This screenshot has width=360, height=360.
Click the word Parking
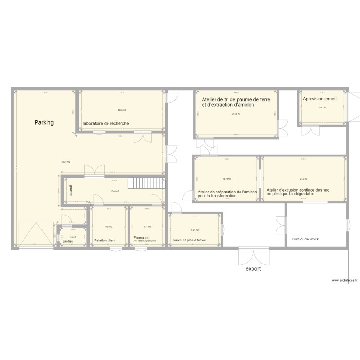coord(44,123)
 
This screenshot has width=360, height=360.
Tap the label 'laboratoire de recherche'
coord(106,123)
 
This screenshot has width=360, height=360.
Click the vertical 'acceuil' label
coord(70,191)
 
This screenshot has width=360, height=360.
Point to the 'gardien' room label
coord(68,241)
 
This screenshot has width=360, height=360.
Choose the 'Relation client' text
coord(105,240)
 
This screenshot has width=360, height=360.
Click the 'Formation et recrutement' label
coord(145,239)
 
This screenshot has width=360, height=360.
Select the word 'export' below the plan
coord(253,269)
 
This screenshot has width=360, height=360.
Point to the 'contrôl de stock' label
coord(305,239)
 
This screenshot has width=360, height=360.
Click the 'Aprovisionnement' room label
coord(320,99)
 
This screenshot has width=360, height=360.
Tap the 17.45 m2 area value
coord(114,191)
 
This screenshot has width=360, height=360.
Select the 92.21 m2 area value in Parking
coord(65,162)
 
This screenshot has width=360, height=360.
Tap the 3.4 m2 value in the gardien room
coord(73,237)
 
